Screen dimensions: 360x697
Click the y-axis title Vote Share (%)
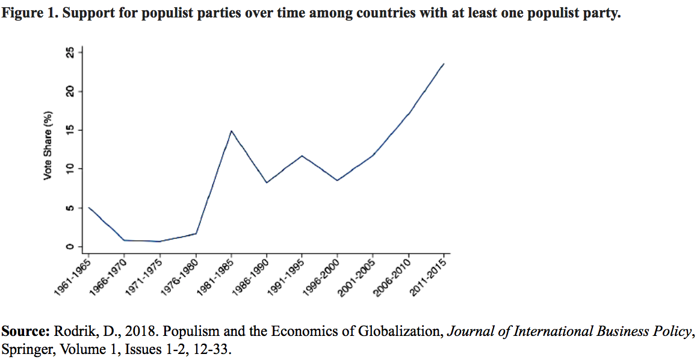[x=48, y=146]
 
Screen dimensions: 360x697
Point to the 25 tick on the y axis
[x=71, y=53]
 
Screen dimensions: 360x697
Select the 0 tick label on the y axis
[x=71, y=246]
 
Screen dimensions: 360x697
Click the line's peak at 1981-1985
[x=231, y=131]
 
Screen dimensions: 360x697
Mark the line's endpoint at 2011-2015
[x=444, y=64]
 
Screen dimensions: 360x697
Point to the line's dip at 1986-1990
[x=267, y=182]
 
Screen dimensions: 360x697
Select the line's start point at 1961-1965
[x=89, y=208]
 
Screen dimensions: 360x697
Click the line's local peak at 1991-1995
[x=302, y=156]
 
